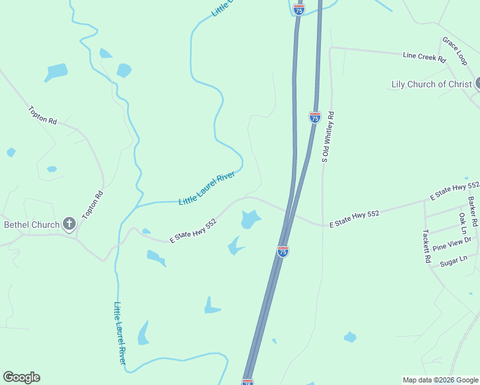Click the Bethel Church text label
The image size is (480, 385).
click(x=31, y=225)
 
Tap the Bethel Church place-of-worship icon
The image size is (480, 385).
click(x=69, y=224)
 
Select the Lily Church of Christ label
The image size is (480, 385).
click(x=432, y=84)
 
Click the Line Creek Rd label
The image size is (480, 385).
click(x=424, y=57)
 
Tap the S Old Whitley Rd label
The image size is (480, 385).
click(x=328, y=137)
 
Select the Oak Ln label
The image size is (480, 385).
click(x=462, y=223)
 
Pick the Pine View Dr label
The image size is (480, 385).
click(x=452, y=244)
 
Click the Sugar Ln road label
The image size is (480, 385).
click(x=453, y=261)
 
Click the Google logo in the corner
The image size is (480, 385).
click(x=21, y=377)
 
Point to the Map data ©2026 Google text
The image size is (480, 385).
click(x=440, y=380)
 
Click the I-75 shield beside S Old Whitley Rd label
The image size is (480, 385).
click(x=314, y=117)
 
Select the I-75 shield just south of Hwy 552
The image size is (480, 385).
click(x=283, y=251)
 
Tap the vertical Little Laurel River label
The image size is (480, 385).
click(x=120, y=333)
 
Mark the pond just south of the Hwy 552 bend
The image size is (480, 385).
click(x=250, y=219)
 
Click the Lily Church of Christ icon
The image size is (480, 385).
click(x=477, y=83)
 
